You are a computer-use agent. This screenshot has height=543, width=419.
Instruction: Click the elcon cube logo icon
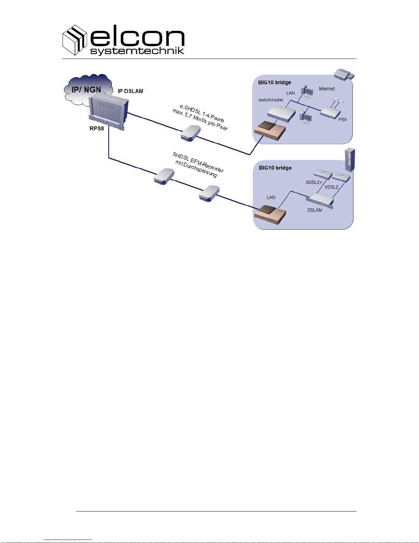click(74, 40)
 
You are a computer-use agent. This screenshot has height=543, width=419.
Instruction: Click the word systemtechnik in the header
click(137, 51)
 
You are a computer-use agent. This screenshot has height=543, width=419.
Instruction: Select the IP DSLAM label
click(130, 91)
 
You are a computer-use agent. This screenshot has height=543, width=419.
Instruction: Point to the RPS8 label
click(96, 128)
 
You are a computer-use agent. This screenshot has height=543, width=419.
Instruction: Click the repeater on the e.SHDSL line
click(191, 133)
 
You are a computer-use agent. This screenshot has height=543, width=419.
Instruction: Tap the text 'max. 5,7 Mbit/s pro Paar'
click(200, 120)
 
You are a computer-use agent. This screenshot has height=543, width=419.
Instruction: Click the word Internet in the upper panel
click(327, 89)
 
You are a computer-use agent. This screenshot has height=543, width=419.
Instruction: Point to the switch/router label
click(271, 100)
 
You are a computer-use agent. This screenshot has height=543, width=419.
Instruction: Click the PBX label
click(342, 120)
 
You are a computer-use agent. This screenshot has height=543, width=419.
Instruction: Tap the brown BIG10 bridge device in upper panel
click(270, 131)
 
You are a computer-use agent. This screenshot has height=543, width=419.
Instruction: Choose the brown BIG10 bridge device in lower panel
click(270, 214)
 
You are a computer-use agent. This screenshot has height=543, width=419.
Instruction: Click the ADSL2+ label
click(314, 182)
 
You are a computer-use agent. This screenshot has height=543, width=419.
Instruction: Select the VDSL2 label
click(331, 187)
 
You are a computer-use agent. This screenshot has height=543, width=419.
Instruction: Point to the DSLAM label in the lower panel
click(314, 210)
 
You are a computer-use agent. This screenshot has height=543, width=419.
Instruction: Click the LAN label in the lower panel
click(271, 197)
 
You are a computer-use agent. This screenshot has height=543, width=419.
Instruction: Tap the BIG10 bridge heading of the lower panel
click(275, 168)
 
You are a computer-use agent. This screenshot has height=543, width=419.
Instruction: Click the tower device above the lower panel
click(350, 160)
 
